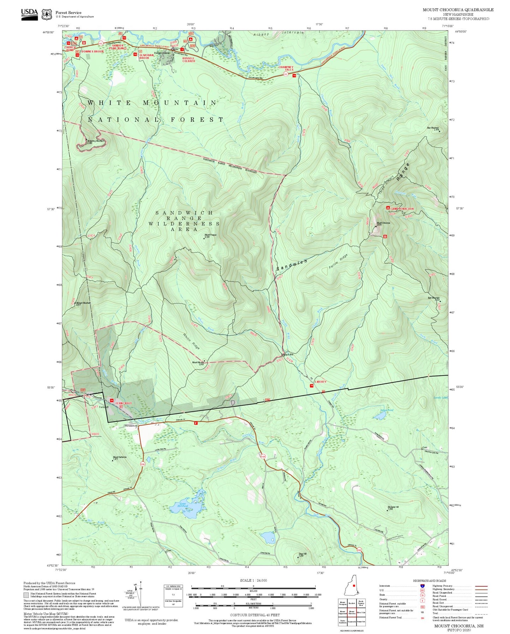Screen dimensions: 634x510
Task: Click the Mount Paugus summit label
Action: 210,235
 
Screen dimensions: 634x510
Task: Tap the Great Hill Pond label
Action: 183,505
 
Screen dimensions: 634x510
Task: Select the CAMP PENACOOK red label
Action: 402,209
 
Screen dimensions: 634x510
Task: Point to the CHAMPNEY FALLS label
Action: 286,68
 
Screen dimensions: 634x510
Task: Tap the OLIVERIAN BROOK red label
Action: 146,57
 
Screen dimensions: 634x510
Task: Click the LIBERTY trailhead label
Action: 320,382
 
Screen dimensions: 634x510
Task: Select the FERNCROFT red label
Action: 123,403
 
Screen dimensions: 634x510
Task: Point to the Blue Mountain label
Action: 433,128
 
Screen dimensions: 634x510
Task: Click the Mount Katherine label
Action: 120,457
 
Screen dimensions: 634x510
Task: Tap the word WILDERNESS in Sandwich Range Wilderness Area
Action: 184,224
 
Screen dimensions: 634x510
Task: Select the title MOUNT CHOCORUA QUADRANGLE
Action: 458,10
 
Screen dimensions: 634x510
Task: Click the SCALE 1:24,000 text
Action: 253,580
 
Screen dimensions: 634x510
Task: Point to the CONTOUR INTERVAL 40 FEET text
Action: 253,615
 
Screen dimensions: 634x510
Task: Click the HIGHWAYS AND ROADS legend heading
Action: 429,581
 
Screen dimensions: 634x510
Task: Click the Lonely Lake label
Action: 440,398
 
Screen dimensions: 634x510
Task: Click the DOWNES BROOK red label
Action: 93,52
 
